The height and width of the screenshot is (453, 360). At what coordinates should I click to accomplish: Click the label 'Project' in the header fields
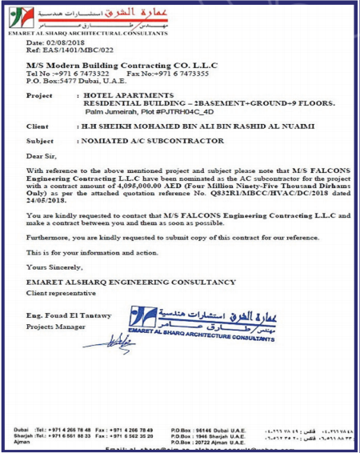tap(40, 94)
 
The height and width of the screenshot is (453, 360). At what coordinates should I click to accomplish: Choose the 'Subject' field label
tap(40, 140)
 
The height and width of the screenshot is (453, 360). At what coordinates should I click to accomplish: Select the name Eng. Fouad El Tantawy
tap(66, 319)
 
